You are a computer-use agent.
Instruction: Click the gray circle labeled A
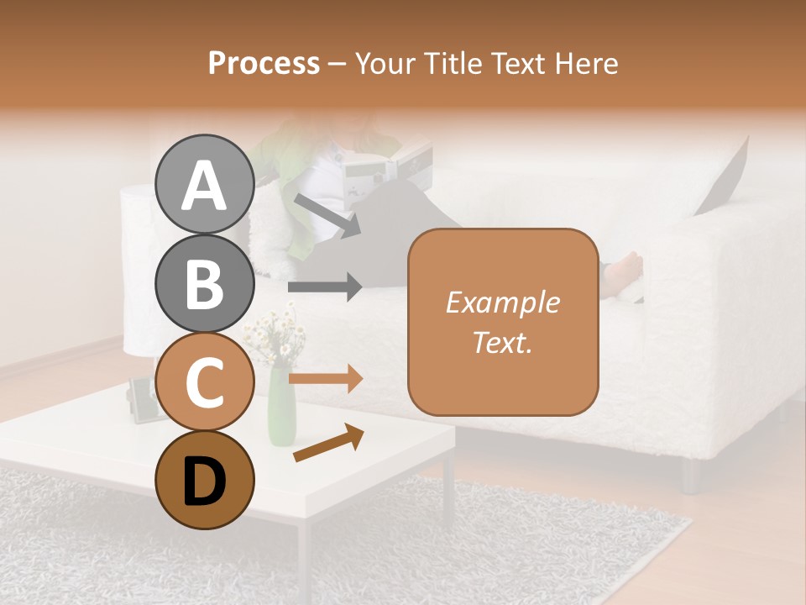click(x=204, y=184)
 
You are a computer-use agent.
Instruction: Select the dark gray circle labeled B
click(x=204, y=283)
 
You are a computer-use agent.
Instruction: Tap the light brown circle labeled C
click(x=204, y=382)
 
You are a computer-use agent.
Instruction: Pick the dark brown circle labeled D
click(x=204, y=480)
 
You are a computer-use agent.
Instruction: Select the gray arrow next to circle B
click(x=324, y=287)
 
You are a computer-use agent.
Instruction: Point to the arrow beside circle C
click(x=324, y=378)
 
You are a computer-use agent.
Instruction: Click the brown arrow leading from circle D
click(x=327, y=443)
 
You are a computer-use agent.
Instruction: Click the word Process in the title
click(x=264, y=63)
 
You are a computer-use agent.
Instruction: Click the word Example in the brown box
click(x=502, y=302)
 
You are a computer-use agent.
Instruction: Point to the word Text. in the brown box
click(x=502, y=343)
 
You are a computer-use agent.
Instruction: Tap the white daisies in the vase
click(x=277, y=336)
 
